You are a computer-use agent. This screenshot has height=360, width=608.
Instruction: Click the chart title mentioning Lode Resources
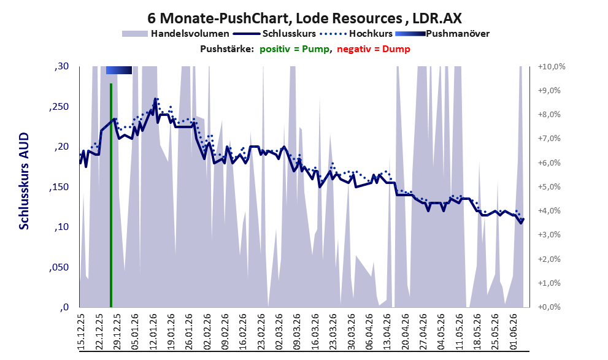[304, 18]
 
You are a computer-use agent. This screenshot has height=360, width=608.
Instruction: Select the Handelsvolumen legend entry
[175, 34]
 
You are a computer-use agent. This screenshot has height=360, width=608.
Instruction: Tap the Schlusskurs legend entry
[274, 34]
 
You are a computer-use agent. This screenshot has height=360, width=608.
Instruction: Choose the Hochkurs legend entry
[356, 34]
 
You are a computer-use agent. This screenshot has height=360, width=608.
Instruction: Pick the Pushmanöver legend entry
[442, 34]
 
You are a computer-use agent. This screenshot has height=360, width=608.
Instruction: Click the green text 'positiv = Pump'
[294, 49]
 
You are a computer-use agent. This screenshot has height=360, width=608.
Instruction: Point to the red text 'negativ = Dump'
[374, 49]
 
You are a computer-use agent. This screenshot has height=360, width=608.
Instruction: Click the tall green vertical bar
[111, 195]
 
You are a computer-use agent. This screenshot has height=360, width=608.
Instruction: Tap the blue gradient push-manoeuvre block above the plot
[119, 70]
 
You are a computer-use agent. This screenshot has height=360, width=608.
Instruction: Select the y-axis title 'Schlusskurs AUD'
[24, 181]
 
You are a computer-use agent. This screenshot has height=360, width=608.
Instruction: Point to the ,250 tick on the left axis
[59, 107]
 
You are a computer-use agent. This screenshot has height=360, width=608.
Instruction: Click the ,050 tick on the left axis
[59, 267]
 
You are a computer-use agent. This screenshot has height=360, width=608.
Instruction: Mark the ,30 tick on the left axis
[61, 66]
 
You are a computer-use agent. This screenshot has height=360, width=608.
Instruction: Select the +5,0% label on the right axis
[550, 187]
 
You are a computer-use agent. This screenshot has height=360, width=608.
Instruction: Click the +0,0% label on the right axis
[550, 307]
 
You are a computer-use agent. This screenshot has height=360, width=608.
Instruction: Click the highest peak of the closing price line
[155, 99]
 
